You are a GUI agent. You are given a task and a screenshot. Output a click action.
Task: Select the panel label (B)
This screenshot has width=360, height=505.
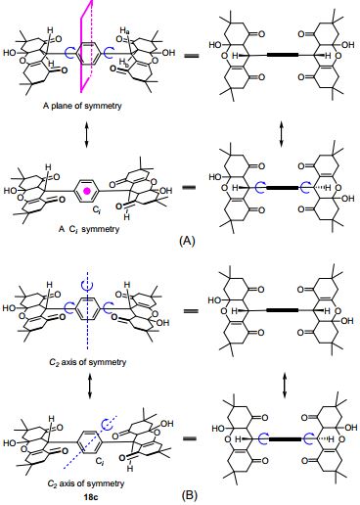point(183,494)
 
